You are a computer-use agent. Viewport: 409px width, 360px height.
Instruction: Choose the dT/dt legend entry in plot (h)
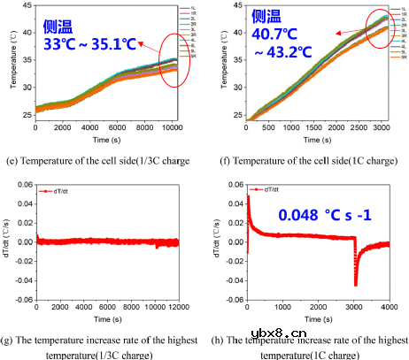click(271, 190)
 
